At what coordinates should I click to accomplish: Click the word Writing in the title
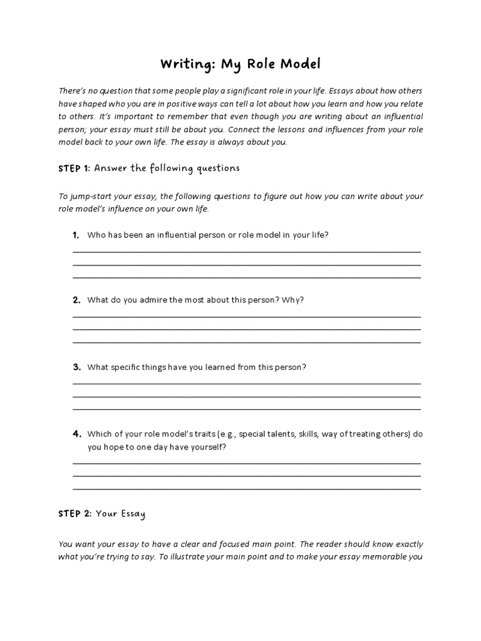(x=183, y=64)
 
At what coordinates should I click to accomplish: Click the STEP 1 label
(x=75, y=168)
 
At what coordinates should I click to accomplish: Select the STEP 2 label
(x=75, y=514)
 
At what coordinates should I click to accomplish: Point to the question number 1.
(x=76, y=235)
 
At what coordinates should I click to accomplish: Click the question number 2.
(x=76, y=300)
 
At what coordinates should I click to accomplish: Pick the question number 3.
(x=76, y=367)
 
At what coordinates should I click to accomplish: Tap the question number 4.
(x=76, y=434)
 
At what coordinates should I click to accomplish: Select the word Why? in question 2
(x=293, y=300)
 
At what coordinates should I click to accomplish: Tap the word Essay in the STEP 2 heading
(x=132, y=515)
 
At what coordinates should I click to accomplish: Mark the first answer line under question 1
(x=247, y=252)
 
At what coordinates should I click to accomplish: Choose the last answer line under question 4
(x=247, y=488)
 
